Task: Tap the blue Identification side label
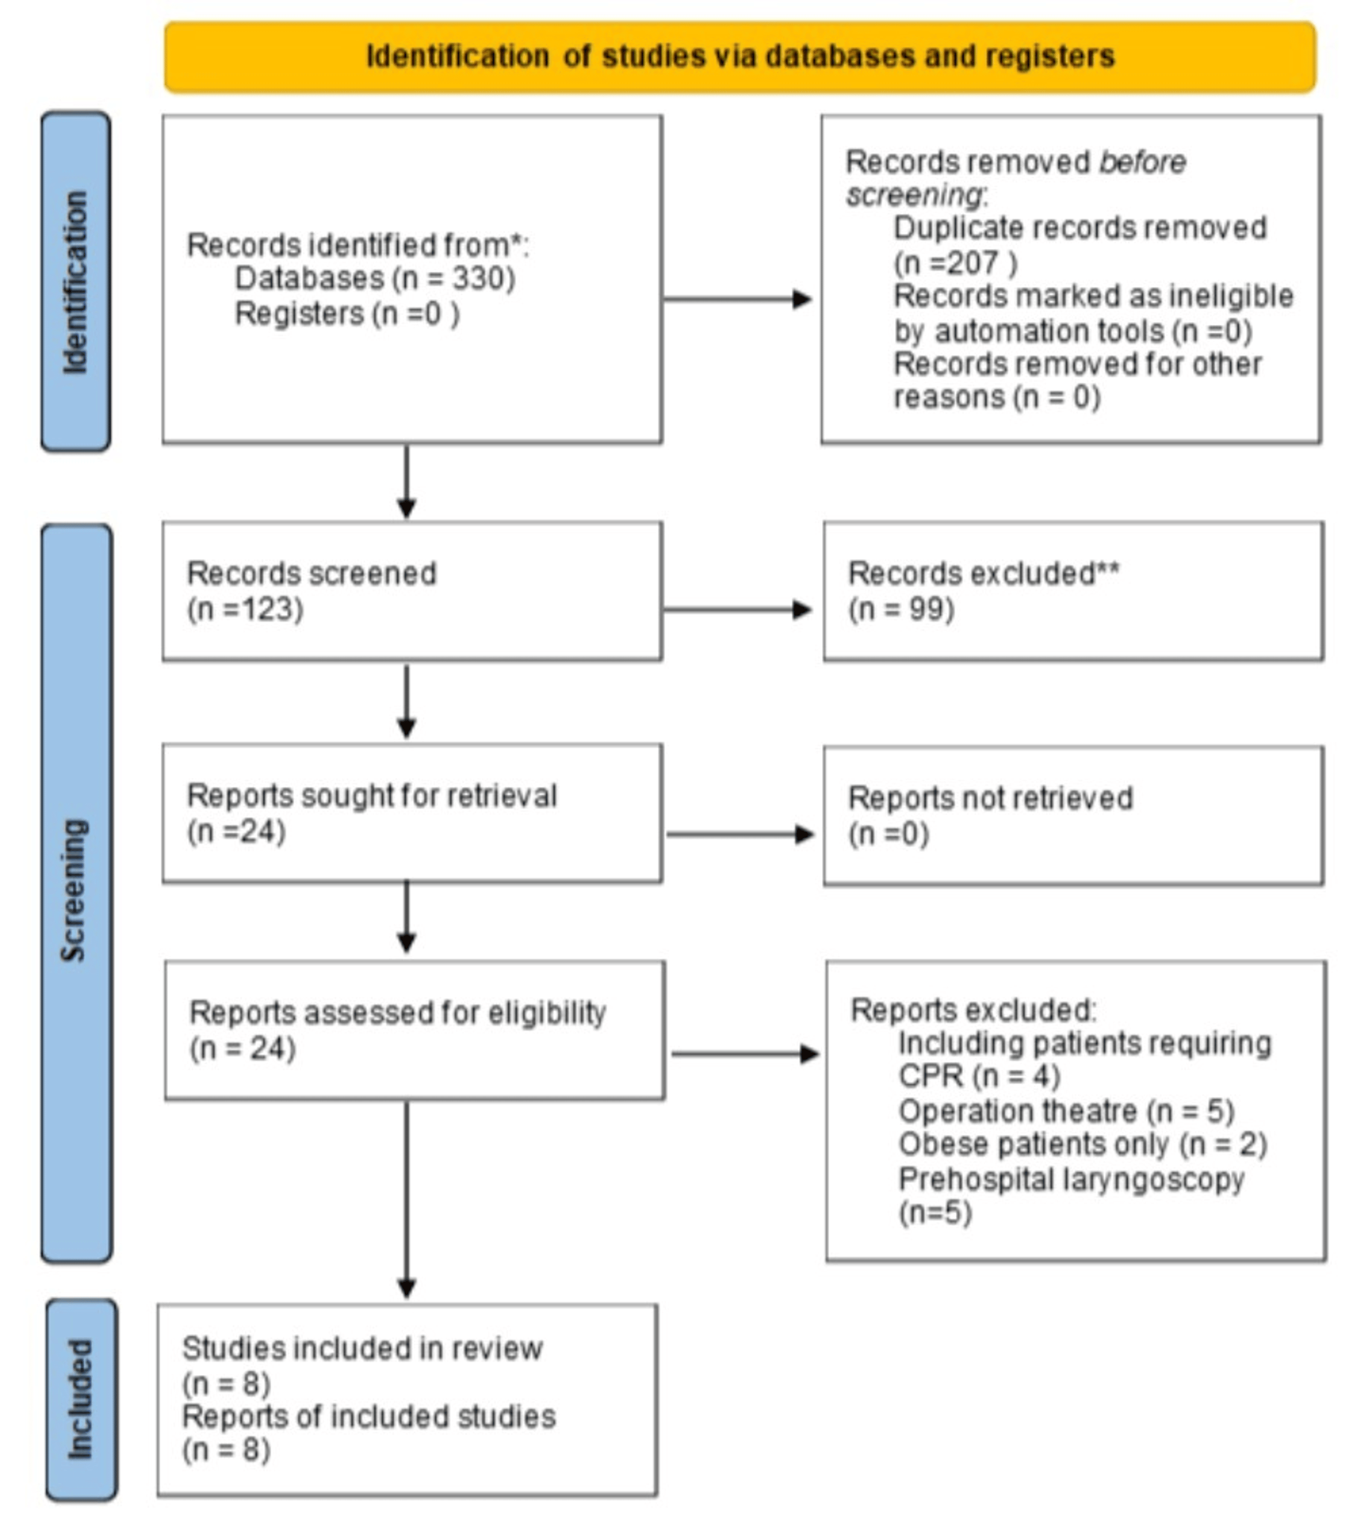(x=75, y=282)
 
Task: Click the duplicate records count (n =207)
(x=954, y=263)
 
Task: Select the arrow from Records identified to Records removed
(x=736, y=299)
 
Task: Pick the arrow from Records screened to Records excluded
(x=736, y=610)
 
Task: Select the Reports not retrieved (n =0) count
(x=888, y=834)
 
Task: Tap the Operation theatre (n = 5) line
(x=1066, y=1111)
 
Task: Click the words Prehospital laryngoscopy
(x=1071, y=1179)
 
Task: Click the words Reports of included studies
(x=368, y=1417)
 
